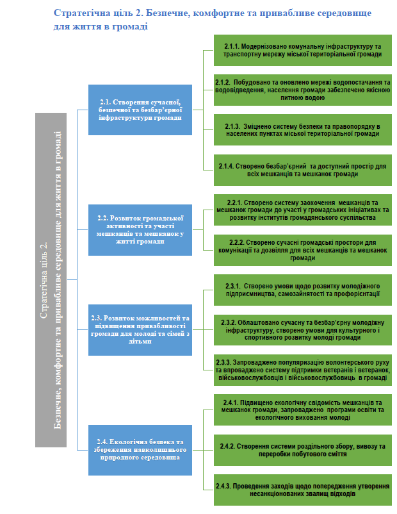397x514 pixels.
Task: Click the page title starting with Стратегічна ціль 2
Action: pyautogui.click(x=212, y=19)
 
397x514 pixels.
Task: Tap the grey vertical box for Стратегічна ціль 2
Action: pyautogui.click(x=51, y=280)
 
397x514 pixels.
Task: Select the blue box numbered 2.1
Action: pyautogui.click(x=140, y=110)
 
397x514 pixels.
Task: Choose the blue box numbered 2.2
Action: pyautogui.click(x=140, y=230)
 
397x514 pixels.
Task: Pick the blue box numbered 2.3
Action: pyautogui.click(x=140, y=330)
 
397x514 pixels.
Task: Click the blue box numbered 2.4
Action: pyautogui.click(x=140, y=450)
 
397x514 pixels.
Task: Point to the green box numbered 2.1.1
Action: pyautogui.click(x=303, y=50)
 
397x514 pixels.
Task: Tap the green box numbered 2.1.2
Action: pyautogui.click(x=303, y=90)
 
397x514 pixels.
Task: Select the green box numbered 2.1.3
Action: pyautogui.click(x=303, y=130)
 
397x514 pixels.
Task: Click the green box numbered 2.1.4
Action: pyautogui.click(x=303, y=170)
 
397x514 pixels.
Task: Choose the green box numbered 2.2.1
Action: pyautogui.click(x=303, y=210)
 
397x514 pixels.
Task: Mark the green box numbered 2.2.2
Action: pyautogui.click(x=303, y=250)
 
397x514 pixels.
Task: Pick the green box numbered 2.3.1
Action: pyautogui.click(x=303, y=290)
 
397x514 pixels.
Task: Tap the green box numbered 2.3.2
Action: pyautogui.click(x=303, y=330)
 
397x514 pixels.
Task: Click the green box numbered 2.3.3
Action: pyautogui.click(x=303, y=370)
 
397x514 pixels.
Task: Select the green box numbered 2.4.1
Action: pyautogui.click(x=303, y=410)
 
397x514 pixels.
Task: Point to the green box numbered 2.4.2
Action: pyautogui.click(x=303, y=450)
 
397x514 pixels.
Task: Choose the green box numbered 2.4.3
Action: pyautogui.click(x=303, y=490)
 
